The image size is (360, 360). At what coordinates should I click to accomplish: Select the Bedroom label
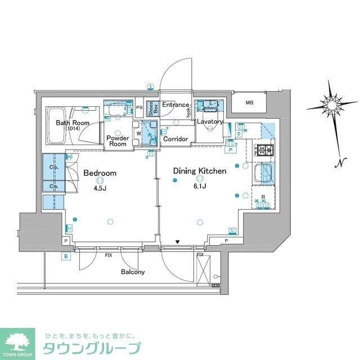click(x=100, y=173)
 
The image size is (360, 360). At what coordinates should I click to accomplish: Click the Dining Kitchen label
click(x=199, y=170)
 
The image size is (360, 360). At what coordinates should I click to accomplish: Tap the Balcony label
click(x=133, y=272)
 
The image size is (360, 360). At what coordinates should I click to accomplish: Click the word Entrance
click(x=175, y=105)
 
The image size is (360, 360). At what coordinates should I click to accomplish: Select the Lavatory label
click(x=209, y=121)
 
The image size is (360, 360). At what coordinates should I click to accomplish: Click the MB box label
click(x=249, y=102)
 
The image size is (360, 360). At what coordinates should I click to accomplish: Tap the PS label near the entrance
click(x=139, y=107)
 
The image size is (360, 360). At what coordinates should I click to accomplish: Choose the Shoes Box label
click(x=151, y=109)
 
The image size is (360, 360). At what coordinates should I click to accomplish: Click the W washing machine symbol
click(x=139, y=133)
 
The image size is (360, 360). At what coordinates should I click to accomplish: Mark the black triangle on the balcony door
click(x=177, y=242)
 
